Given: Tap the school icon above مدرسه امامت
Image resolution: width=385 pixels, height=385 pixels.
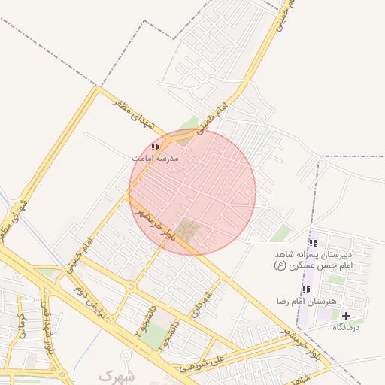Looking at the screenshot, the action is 155,147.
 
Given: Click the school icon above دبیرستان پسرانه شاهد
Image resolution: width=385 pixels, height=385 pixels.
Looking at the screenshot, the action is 313,243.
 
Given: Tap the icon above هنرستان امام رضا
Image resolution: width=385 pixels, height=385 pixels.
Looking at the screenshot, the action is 306,290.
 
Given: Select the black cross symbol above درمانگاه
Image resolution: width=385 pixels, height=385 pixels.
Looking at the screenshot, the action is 346,315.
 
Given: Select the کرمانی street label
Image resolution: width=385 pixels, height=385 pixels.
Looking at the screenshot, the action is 22,323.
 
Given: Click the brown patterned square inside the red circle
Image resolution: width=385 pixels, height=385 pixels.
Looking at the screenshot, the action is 189,231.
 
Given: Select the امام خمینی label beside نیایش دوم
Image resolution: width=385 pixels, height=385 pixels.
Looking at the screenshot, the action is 77,256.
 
